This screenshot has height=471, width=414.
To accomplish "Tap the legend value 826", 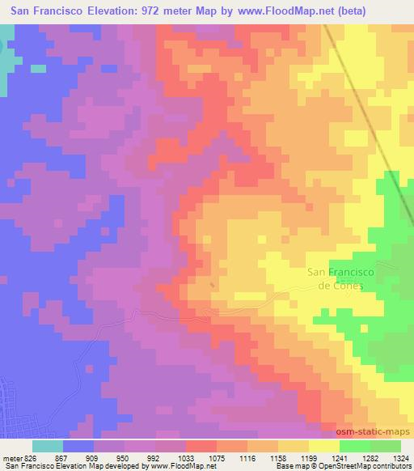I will click(31, 457).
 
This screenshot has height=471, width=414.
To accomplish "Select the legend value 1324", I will click(401, 457).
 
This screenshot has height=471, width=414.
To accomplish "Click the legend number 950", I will click(123, 457).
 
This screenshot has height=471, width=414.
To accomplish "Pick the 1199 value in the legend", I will click(308, 457).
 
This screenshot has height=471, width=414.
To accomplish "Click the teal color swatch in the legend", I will click(48, 446).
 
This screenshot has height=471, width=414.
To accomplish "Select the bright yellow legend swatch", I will click(324, 446).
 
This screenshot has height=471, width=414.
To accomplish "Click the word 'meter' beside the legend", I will click(11, 457).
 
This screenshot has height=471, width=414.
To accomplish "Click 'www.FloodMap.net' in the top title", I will click(260, 11).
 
